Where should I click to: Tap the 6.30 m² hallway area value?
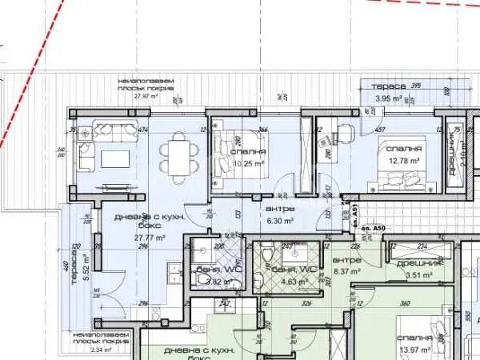coord(280,221)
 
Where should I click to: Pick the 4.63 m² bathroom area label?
coord(286,282)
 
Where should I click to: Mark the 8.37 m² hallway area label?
coord(346,271)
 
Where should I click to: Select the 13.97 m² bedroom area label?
coord(413,350)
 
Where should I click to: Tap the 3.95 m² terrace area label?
coord(389,98)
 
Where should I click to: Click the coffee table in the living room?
coord(113,158)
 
